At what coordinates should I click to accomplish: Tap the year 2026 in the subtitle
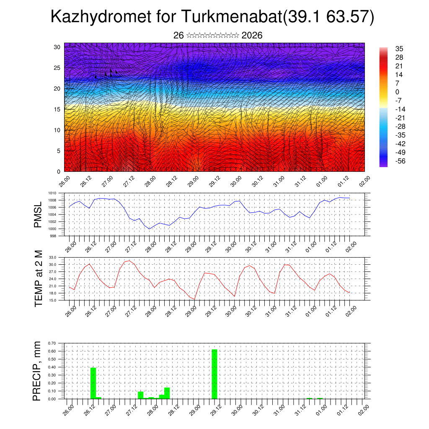[252, 36]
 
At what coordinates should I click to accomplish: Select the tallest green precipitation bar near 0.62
[214, 374]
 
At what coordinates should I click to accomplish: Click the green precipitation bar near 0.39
[93, 383]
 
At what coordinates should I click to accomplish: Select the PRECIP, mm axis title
[38, 371]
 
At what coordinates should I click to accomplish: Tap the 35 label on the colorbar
[399, 49]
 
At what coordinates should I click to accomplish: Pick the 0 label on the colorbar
[397, 92]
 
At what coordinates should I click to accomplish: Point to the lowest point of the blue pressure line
[150, 229]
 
